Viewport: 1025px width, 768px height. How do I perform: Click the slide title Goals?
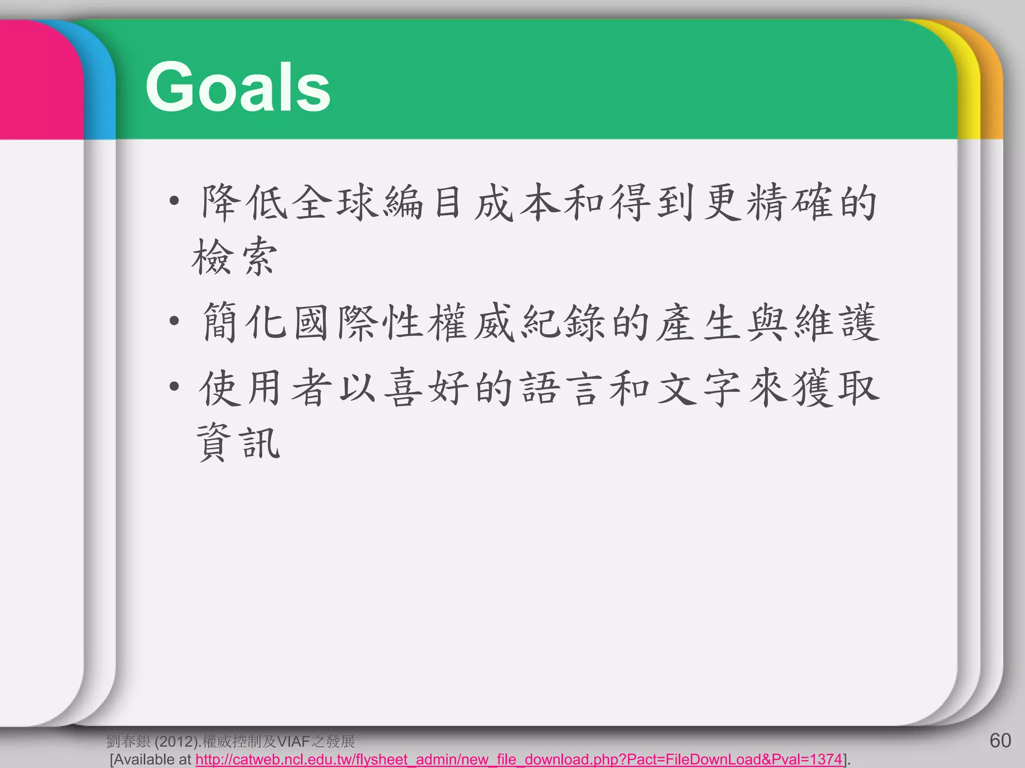[238, 87]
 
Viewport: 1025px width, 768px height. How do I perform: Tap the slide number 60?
[1000, 740]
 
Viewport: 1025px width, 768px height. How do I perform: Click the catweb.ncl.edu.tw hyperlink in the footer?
[519, 759]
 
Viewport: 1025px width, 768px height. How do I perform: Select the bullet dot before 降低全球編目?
[174, 201]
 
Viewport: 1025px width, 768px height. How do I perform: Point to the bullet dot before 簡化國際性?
[174, 321]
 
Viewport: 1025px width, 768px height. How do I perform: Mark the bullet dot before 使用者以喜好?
[174, 386]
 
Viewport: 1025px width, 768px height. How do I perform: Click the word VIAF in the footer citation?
[294, 741]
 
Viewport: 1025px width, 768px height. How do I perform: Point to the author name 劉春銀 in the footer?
[128, 741]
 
